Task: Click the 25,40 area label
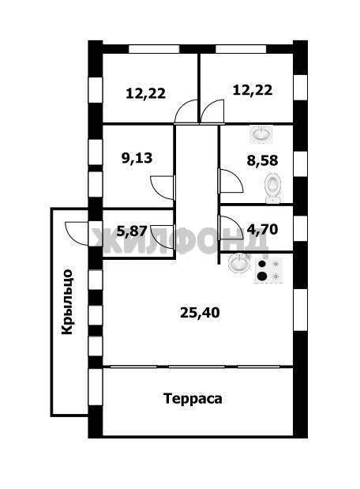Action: click(200, 312)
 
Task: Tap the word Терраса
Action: click(193, 399)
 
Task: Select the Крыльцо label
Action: click(67, 302)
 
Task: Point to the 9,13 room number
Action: click(137, 158)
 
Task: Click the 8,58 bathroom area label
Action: click(262, 160)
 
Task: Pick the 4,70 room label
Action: click(262, 230)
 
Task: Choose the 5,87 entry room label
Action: click(132, 231)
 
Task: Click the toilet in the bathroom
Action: click(273, 188)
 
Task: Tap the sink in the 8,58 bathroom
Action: click(261, 134)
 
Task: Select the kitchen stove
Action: click(268, 270)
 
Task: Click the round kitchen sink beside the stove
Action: click(239, 262)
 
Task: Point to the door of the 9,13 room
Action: click(163, 187)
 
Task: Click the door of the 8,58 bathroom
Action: click(231, 181)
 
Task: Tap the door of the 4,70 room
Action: click(231, 228)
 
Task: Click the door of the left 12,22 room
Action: click(186, 111)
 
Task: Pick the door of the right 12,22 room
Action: click(212, 111)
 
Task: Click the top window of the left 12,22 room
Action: click(154, 49)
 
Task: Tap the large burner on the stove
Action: click(262, 276)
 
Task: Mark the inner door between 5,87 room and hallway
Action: click(163, 237)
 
